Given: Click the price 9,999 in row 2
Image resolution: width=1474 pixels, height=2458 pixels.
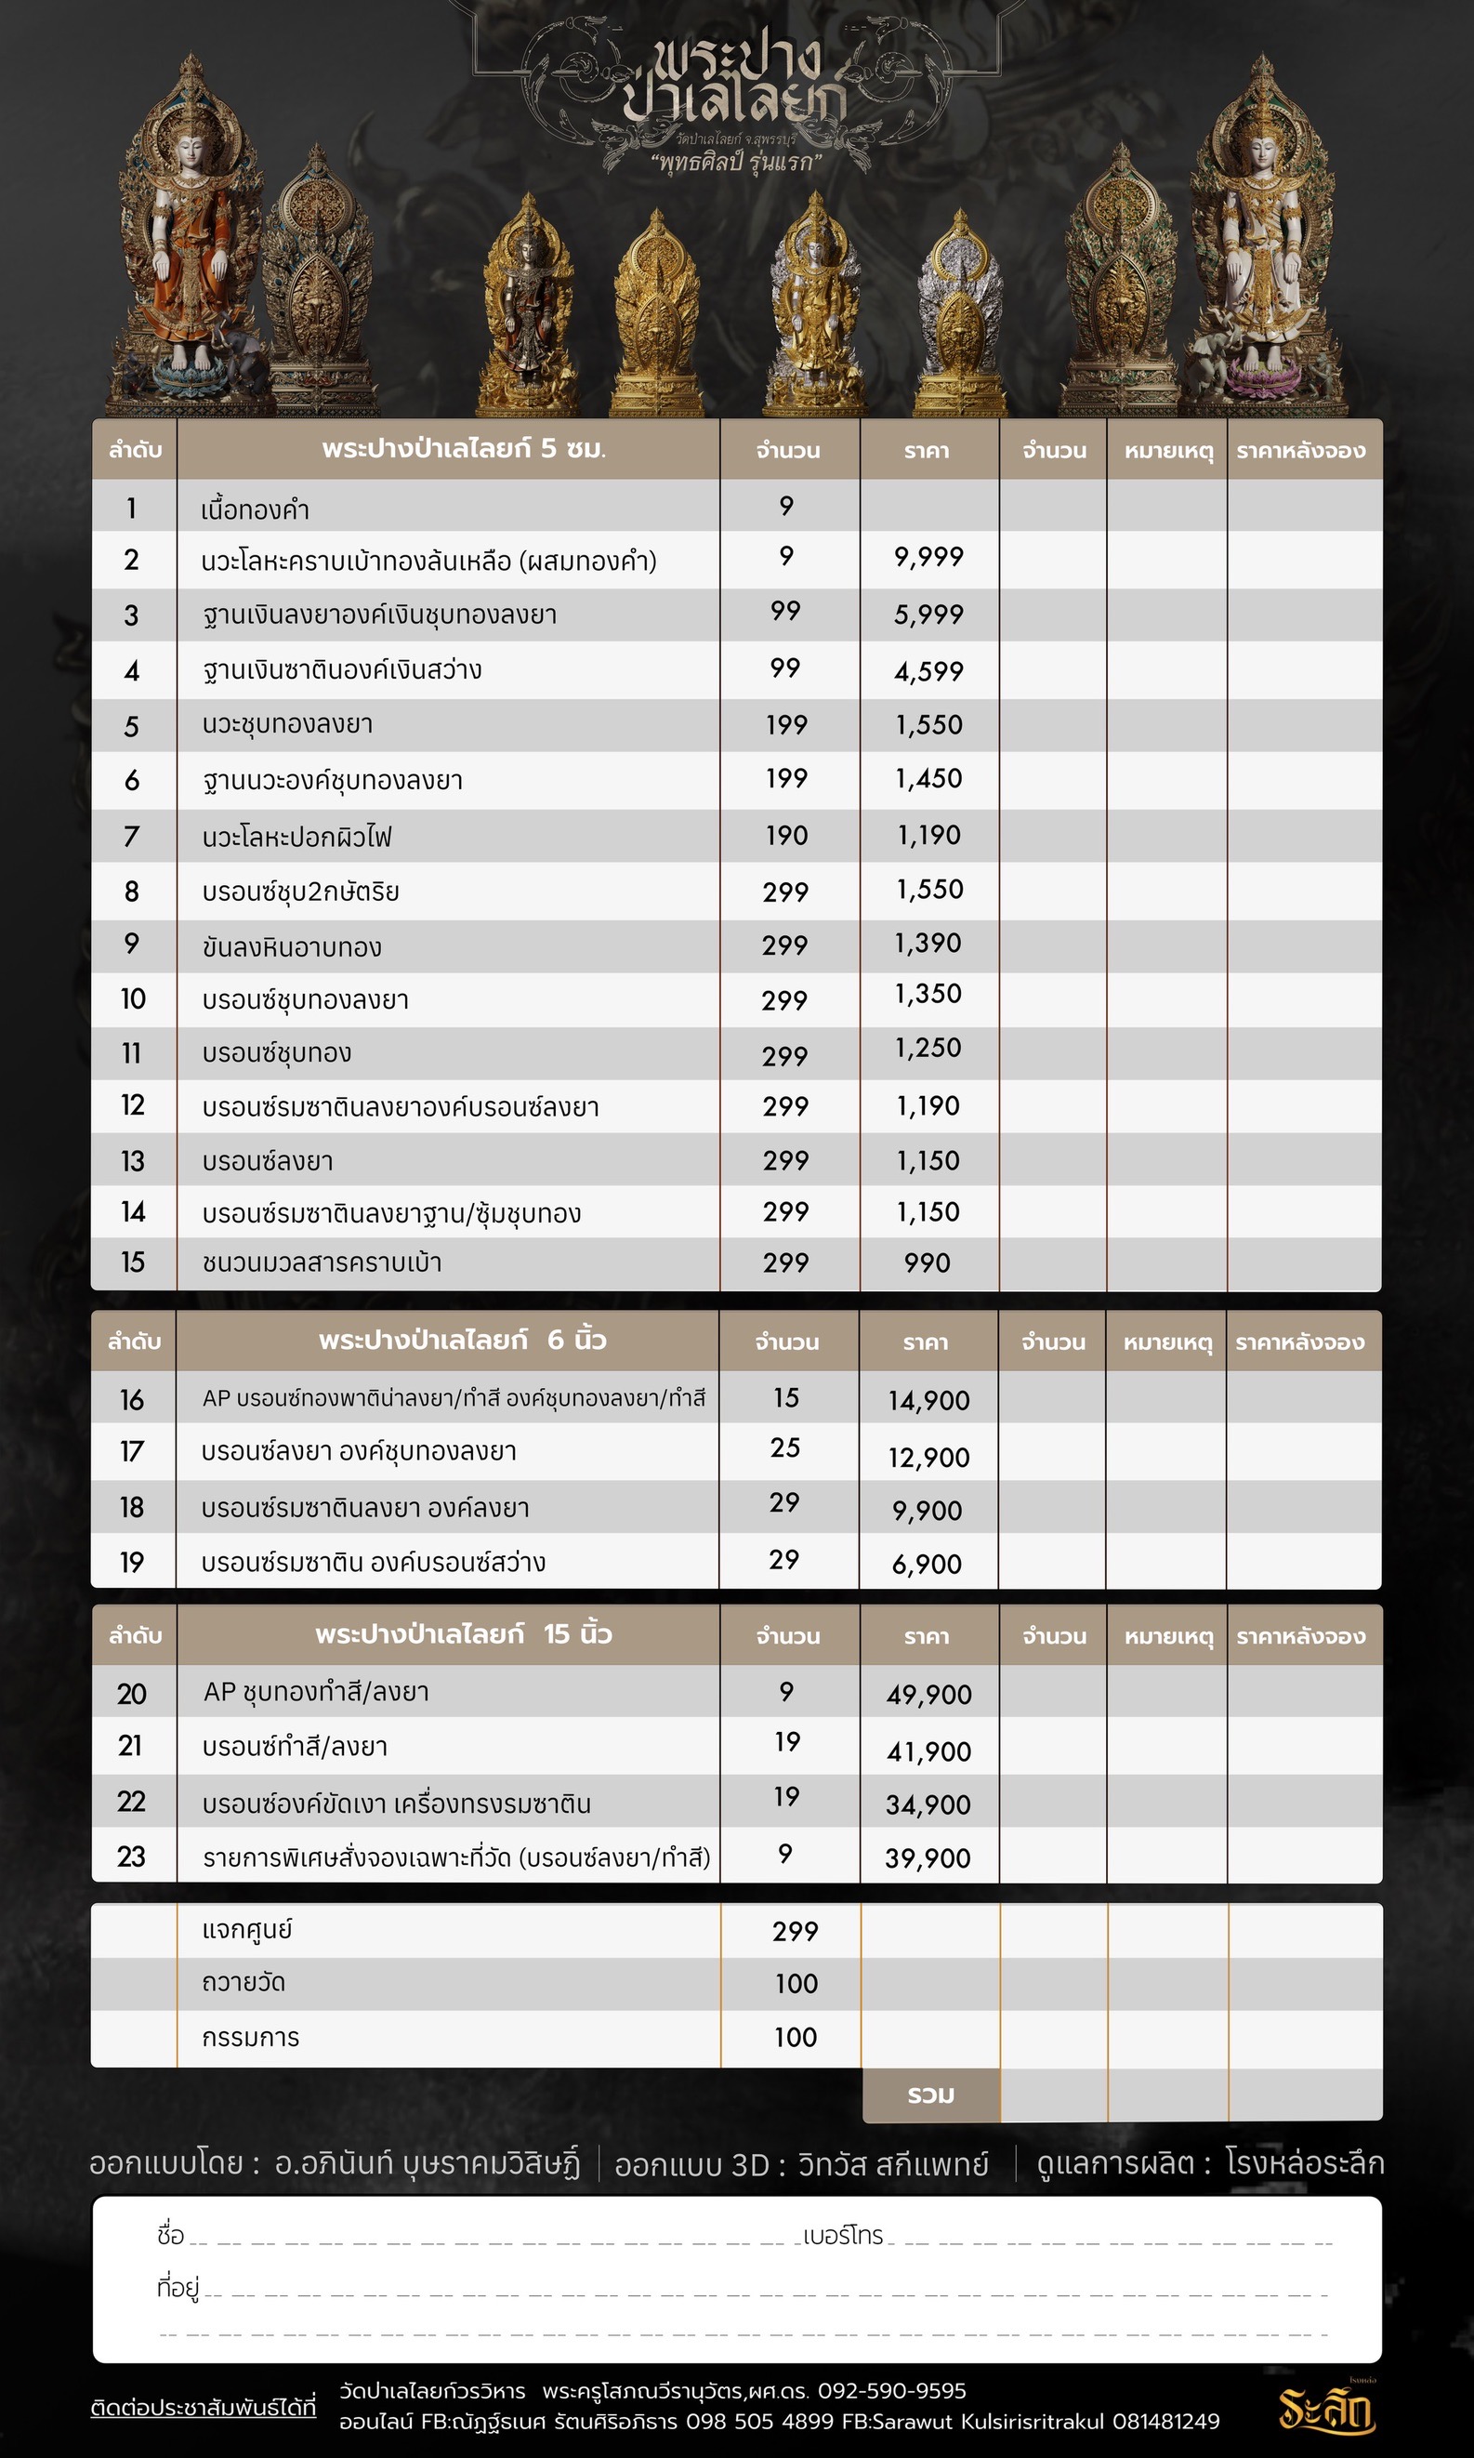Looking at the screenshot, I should point(928,558).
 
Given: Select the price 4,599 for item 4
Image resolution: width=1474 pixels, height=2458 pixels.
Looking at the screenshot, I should point(928,671).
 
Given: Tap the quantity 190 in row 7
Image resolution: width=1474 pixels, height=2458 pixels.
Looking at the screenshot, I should point(786,836).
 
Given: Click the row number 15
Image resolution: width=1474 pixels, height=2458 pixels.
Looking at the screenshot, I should point(133,1262).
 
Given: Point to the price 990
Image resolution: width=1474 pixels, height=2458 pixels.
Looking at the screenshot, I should point(927,1262).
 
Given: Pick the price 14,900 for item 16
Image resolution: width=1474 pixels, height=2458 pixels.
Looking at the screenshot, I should point(928,1401).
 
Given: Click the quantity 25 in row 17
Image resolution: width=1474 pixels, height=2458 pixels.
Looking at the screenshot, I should point(784,1448).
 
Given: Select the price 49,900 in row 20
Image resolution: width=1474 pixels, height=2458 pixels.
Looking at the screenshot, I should point(928,1695).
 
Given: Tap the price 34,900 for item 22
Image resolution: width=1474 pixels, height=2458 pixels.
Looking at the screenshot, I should point(928,1804).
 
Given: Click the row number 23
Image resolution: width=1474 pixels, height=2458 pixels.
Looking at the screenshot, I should point(131,1857).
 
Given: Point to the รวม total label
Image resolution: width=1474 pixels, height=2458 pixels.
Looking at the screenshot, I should point(930,2095).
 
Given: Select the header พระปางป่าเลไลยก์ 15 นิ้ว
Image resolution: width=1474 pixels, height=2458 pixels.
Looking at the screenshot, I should point(463,1634).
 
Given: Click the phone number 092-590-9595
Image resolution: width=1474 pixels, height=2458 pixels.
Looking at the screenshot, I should point(891,2390).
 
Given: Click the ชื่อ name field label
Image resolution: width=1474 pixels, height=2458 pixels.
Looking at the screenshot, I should point(170,2236).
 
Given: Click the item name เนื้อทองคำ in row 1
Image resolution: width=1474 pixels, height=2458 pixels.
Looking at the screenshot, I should point(256,510).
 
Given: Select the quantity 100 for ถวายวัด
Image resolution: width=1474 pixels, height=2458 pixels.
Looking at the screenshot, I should point(796,1984).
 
